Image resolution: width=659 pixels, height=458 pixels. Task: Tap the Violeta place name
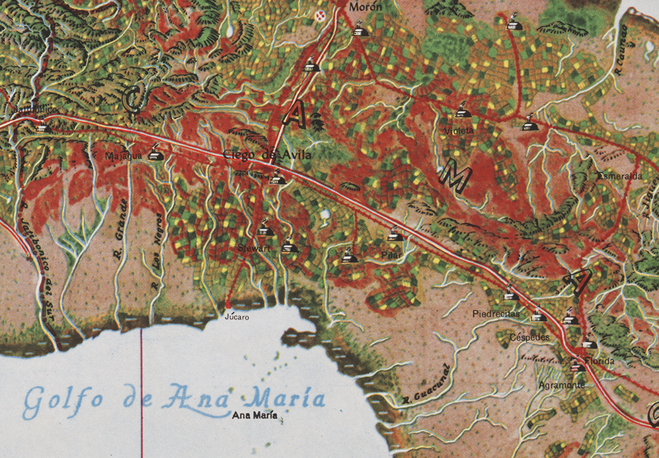[x=459, y=131]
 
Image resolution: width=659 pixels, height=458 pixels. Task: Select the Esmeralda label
[x=619, y=177]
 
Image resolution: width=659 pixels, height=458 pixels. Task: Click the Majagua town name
[x=124, y=156]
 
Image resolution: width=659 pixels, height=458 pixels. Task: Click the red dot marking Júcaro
[x=228, y=305]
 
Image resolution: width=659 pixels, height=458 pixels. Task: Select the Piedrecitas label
[x=496, y=313]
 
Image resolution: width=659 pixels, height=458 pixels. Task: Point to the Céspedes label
[x=530, y=338]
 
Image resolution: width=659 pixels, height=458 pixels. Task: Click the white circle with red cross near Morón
[x=322, y=17]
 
